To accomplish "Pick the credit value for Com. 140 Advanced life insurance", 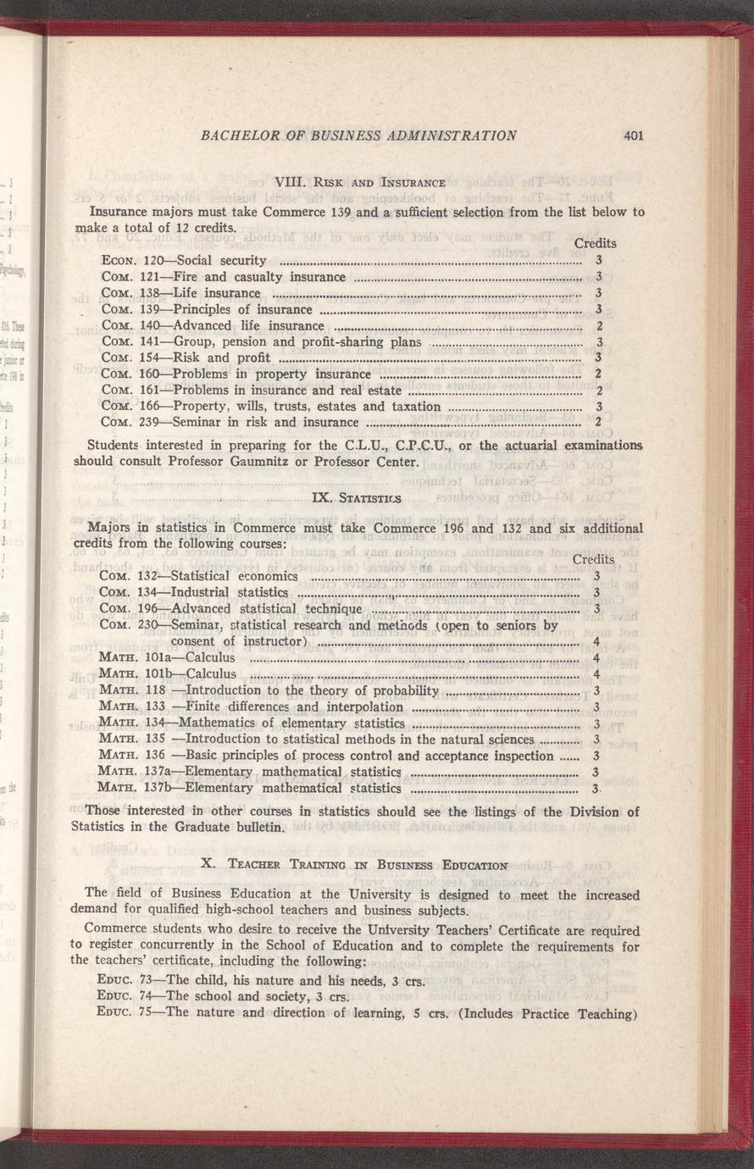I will point(598,325).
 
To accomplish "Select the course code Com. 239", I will point(129,422).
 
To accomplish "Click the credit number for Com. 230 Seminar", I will point(596,641).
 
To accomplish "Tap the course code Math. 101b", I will point(131,674).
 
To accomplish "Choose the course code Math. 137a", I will point(131,772).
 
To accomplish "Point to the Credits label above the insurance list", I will point(595,244).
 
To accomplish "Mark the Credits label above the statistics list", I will point(593,560).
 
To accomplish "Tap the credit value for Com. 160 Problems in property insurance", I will point(598,374).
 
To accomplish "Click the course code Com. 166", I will point(129,407).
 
